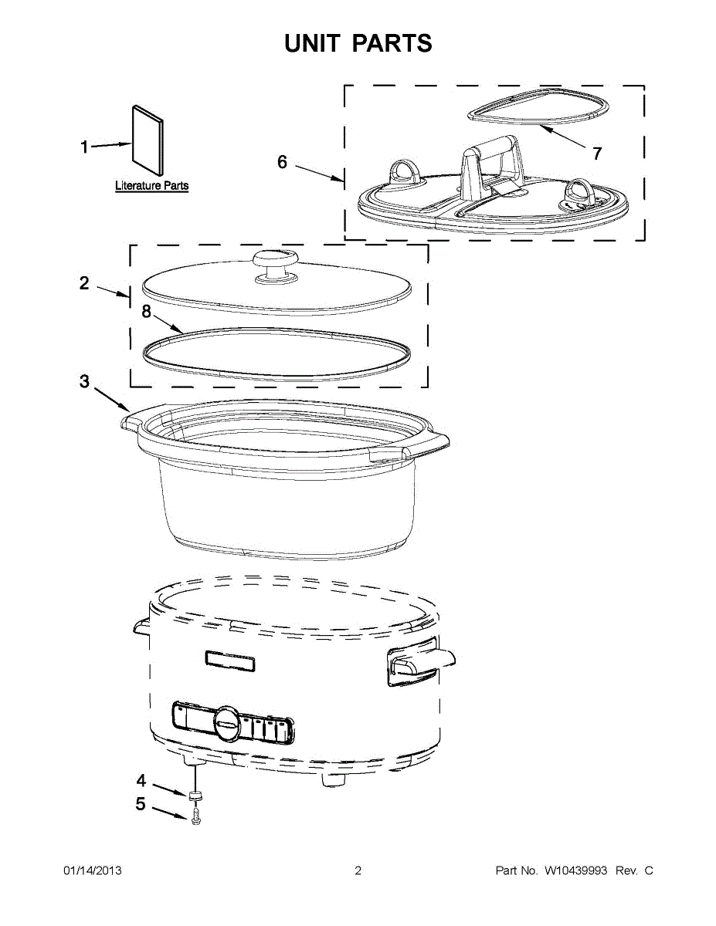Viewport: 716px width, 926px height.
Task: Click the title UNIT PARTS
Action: tap(358, 43)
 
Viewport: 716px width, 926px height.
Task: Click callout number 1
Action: tap(85, 147)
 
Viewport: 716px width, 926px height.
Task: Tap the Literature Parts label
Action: tap(151, 186)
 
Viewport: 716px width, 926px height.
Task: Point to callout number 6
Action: tap(282, 162)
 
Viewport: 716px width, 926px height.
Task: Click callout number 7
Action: tap(596, 154)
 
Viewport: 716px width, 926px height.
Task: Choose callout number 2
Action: tap(84, 283)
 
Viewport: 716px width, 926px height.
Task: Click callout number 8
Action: tap(146, 312)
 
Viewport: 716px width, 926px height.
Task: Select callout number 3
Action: tap(84, 382)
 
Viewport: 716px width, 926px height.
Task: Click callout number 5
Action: tap(141, 805)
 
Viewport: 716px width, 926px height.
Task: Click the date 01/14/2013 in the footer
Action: tap(92, 871)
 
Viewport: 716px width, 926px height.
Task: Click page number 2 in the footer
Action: tap(358, 871)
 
